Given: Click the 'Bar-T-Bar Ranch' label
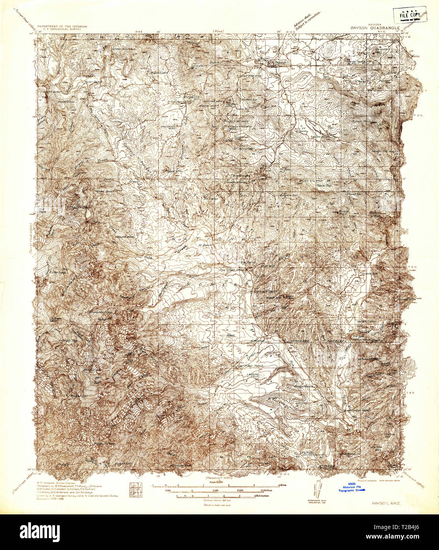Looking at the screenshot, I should pos(252,366).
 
